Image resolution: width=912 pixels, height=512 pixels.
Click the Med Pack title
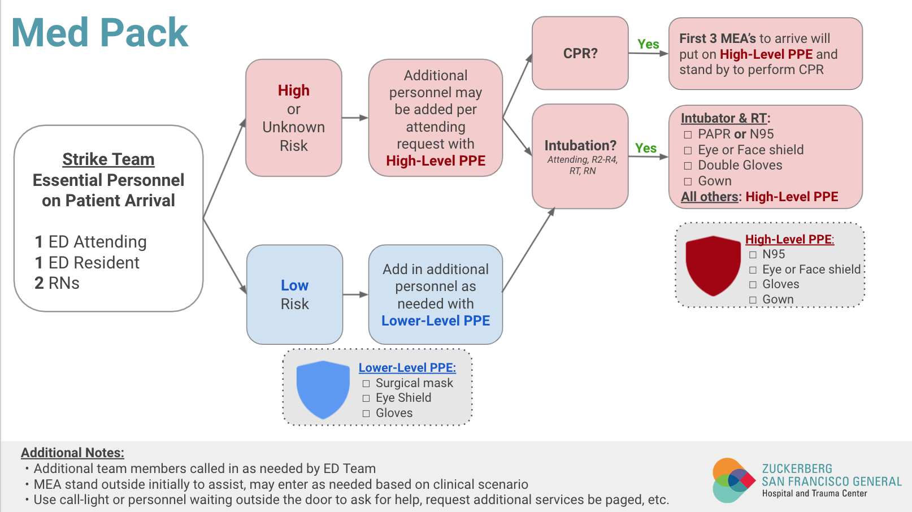tap(99, 33)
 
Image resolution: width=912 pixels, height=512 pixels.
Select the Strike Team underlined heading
tap(108, 159)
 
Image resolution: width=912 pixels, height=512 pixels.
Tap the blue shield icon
tap(323, 389)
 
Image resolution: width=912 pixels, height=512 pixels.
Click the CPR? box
tap(580, 53)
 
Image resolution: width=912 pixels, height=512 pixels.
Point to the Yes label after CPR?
tap(648, 44)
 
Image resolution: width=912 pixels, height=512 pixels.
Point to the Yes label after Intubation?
tap(645, 148)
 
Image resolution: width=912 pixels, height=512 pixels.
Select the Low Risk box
tap(294, 294)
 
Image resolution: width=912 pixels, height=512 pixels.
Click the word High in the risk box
tap(293, 90)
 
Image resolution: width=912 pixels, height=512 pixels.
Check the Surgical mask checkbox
tap(366, 384)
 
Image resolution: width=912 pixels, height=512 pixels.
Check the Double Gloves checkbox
tap(688, 166)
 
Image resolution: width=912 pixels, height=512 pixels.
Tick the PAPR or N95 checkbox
tap(688, 134)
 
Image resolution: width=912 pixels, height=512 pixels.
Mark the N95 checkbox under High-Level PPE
tap(753, 255)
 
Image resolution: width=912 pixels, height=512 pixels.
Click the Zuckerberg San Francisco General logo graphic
tap(733, 480)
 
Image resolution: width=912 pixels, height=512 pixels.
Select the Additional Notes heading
tap(72, 453)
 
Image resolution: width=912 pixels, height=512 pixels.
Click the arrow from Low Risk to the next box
tap(355, 294)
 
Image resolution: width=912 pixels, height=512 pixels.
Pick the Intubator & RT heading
tap(725, 118)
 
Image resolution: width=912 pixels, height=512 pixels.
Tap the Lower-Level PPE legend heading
tap(407, 367)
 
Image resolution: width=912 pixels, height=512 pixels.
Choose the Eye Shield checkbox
tap(366, 398)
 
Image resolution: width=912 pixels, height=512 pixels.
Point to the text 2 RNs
tap(57, 283)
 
